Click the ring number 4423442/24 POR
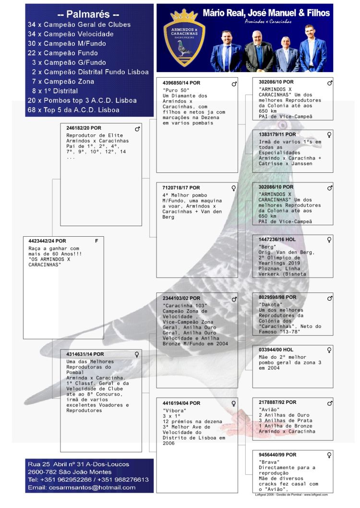tap(48, 241)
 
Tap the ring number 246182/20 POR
tap(84, 128)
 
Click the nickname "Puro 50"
tap(176, 90)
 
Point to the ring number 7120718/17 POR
tap(181, 188)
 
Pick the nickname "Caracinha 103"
tap(185, 306)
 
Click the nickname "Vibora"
tap(174, 411)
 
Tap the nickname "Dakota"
tap(271, 304)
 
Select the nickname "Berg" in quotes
tap(267, 247)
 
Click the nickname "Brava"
tap(269, 462)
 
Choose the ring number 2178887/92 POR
tap(277, 402)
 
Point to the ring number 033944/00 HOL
tap(276, 350)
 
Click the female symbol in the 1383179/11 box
tap(329, 135)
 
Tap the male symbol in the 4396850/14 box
tap(234, 84)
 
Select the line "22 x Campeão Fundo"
tap(67, 53)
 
